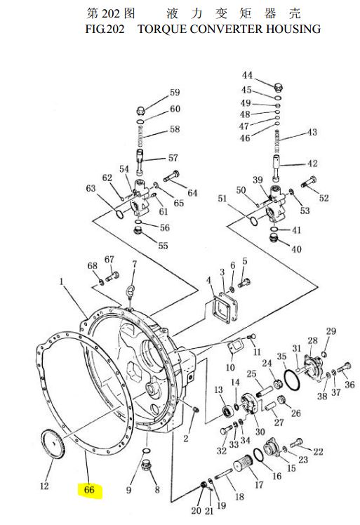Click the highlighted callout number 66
coord(89,490)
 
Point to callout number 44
coord(247,75)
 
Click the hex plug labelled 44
coord(279,88)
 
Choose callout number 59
coord(175,93)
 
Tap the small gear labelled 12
coord(53,444)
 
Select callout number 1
coord(62,281)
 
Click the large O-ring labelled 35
coord(292,380)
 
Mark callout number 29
coord(331,331)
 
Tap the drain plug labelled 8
coord(147,465)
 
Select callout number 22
coord(318,452)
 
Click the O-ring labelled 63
coord(119,215)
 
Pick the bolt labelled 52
coord(309,182)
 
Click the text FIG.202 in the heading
coord(105,29)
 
